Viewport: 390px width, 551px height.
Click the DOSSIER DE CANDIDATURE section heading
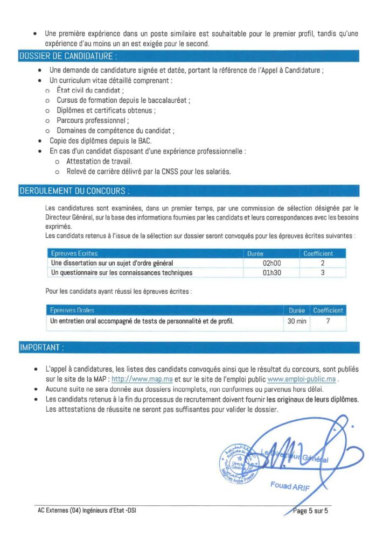pos(68,56)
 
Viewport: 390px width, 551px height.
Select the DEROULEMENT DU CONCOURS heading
pos(74,191)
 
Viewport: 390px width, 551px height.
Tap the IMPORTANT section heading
pos(41,348)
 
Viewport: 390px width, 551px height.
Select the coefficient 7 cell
pos(328,321)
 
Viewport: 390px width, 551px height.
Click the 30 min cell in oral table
pos(296,321)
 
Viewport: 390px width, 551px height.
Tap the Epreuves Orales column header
pos(72,310)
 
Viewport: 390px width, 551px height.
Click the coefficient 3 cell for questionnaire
pos(322,273)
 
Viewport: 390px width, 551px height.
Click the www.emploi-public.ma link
pos(305,379)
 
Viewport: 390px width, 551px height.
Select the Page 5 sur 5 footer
pos(311,511)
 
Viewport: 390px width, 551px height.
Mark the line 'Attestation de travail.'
pos(99,161)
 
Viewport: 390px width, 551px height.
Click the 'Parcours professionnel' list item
pos(92,121)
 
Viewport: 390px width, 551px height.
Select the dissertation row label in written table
pos(112,263)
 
